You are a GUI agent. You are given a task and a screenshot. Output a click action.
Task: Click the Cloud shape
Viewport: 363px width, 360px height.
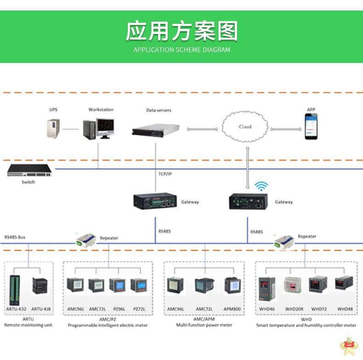(x=245, y=127)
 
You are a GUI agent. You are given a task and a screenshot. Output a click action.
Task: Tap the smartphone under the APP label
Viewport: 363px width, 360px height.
(x=312, y=128)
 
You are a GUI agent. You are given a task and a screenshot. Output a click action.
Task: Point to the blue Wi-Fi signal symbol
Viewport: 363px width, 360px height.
(x=261, y=186)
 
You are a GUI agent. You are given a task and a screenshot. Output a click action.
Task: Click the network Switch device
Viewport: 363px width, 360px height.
(x=28, y=171)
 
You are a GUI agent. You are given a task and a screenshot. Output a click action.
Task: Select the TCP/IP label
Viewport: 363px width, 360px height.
(x=165, y=174)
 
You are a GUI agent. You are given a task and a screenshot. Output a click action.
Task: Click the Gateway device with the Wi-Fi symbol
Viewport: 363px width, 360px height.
(x=248, y=202)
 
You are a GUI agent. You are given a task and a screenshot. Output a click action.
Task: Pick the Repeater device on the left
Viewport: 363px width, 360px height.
(x=86, y=239)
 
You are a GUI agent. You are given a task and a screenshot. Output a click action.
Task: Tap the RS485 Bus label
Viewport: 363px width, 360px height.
(x=15, y=237)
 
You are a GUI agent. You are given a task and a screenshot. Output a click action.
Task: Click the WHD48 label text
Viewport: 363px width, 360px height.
(x=345, y=309)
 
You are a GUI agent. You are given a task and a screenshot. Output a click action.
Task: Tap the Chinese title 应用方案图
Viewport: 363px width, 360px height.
(x=181, y=31)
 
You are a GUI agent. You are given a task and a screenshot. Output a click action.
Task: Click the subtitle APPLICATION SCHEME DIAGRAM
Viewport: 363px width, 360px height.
(x=181, y=50)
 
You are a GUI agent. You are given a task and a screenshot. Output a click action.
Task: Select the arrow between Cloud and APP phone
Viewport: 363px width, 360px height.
(x=282, y=129)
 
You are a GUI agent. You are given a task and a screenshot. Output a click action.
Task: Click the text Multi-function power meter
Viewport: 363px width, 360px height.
(x=204, y=325)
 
